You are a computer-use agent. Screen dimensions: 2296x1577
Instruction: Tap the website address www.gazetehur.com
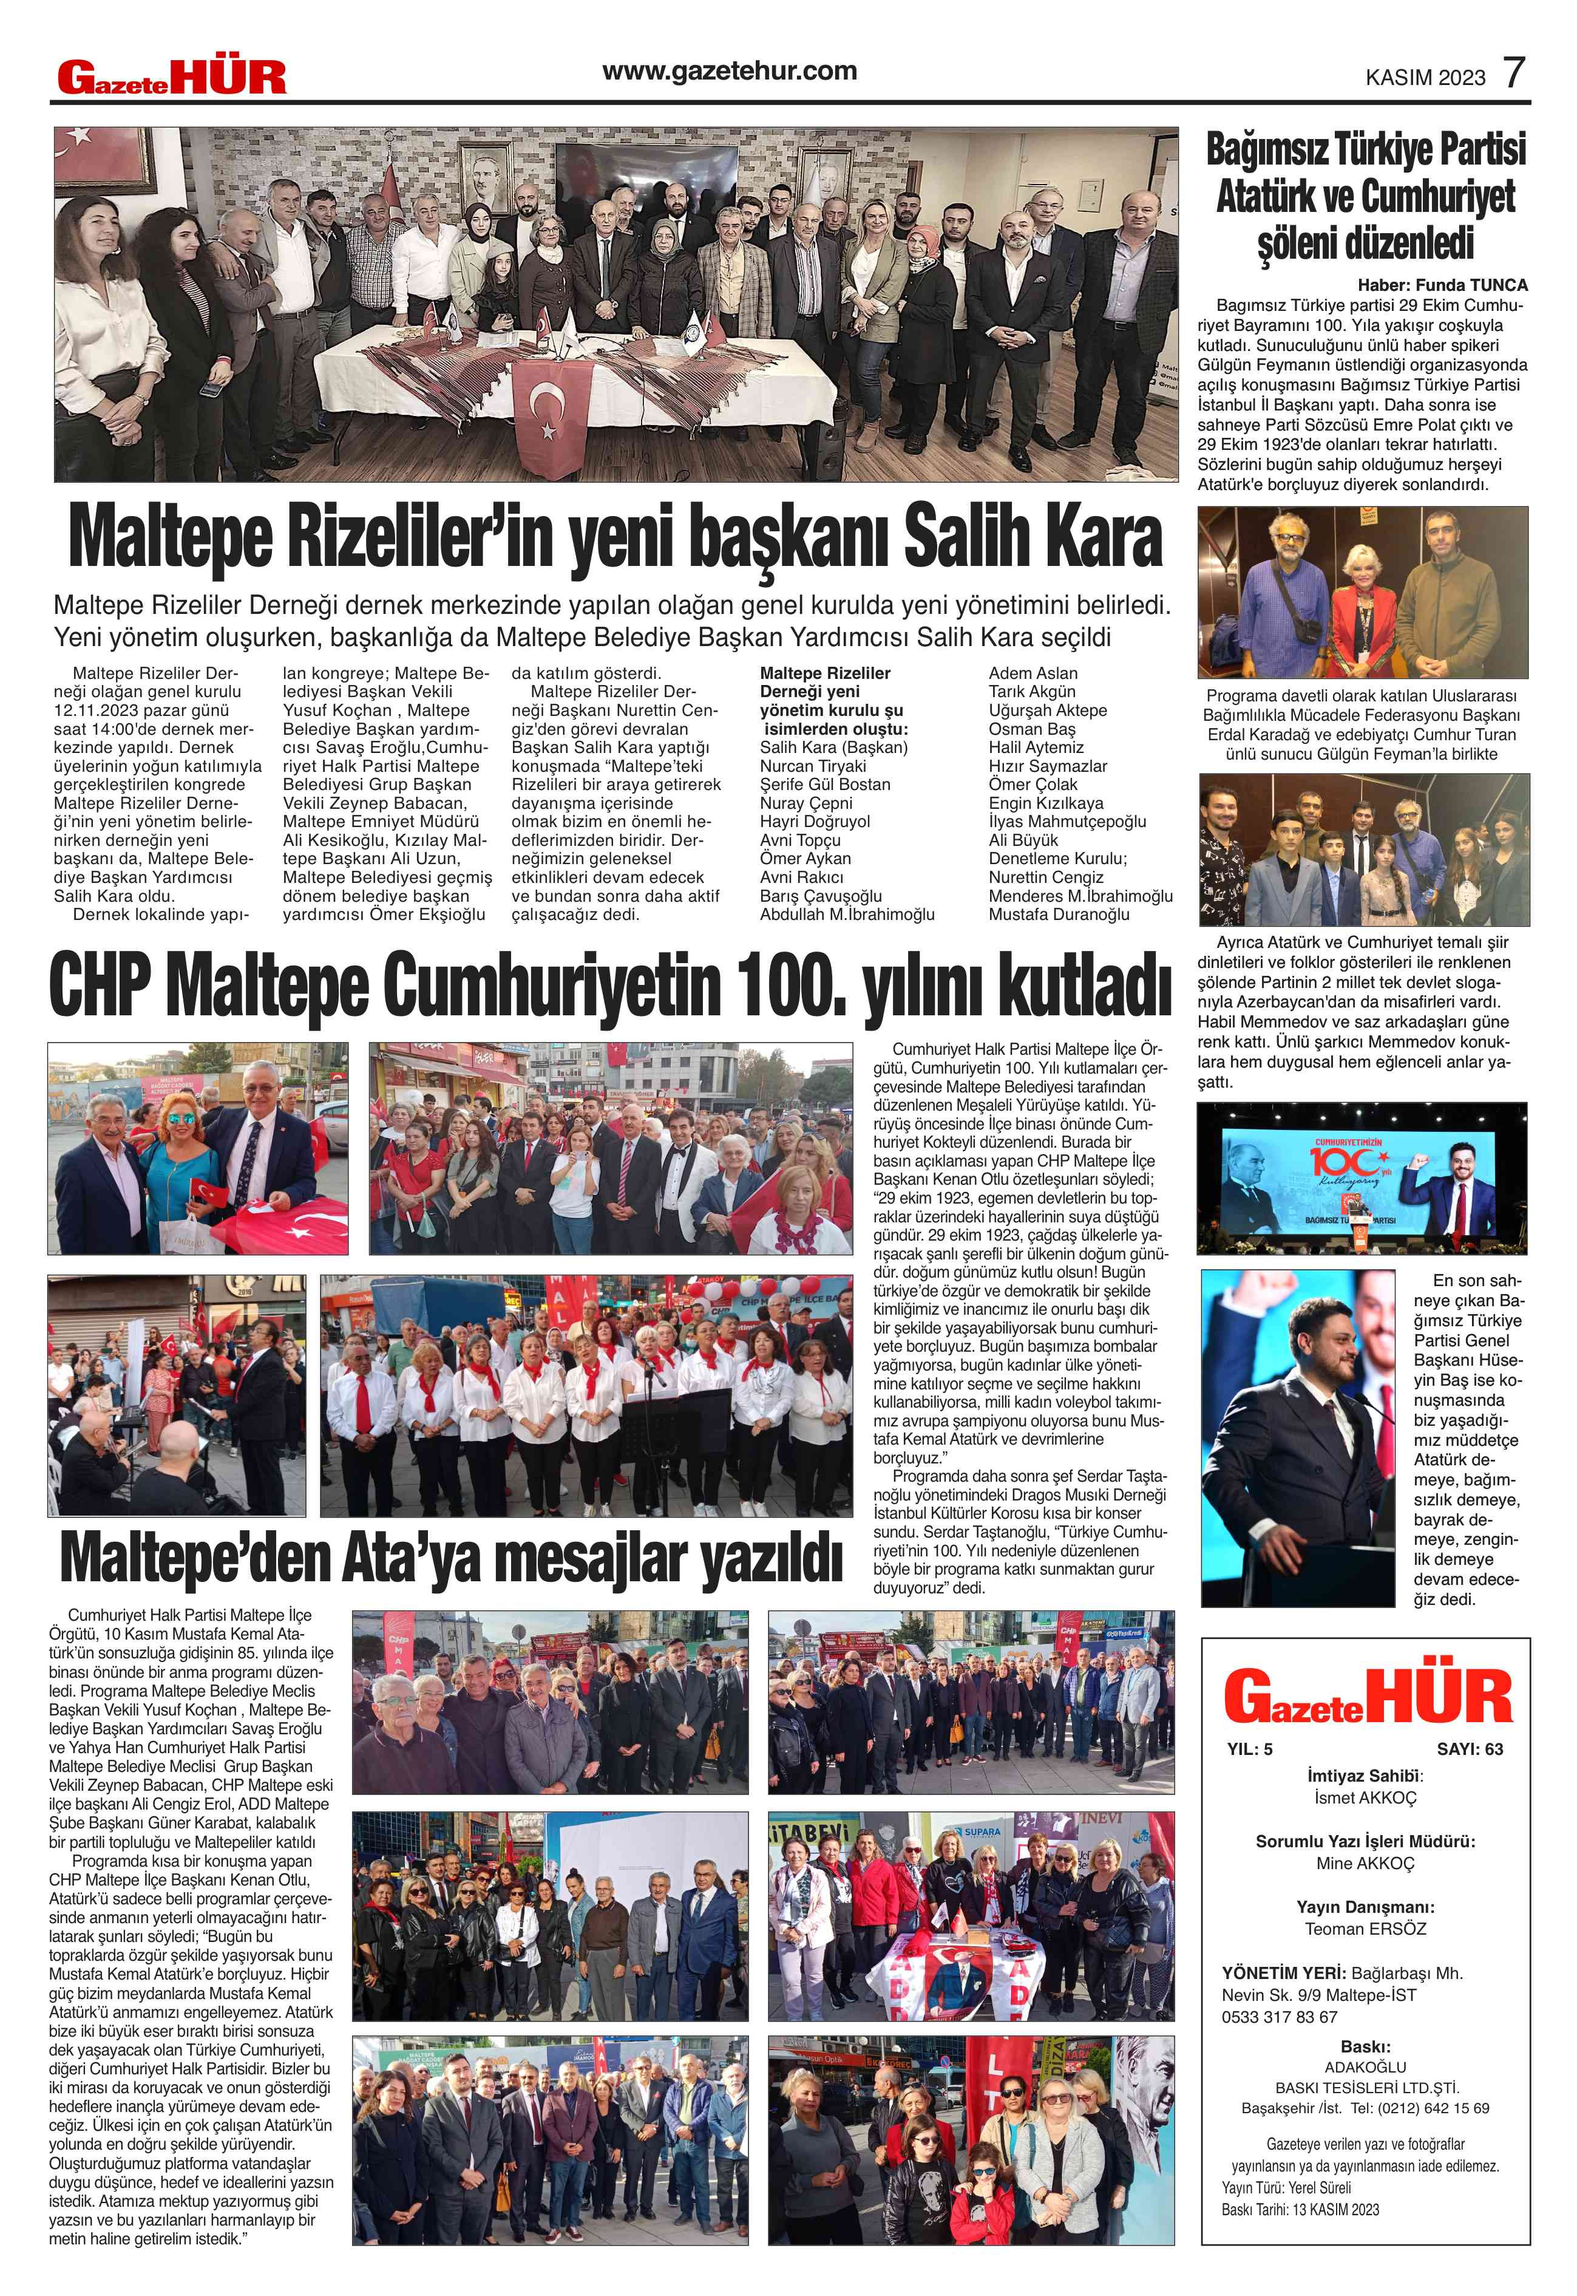point(729,71)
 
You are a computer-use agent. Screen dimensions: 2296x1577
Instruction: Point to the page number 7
point(1514,74)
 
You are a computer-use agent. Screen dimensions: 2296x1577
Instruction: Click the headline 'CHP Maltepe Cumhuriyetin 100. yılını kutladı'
point(609,984)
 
